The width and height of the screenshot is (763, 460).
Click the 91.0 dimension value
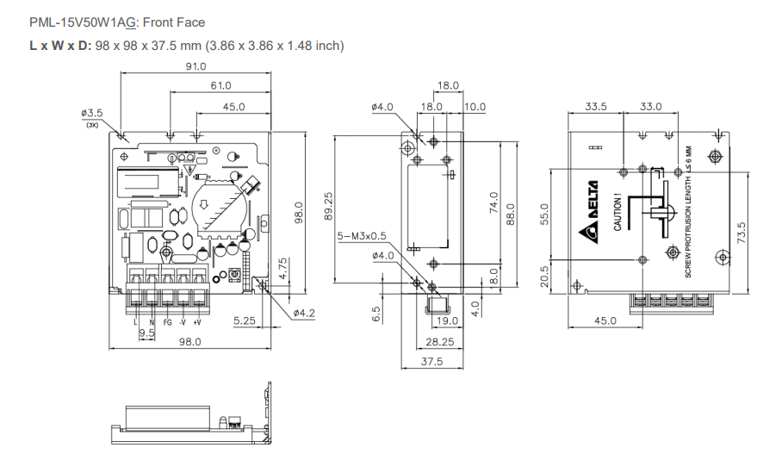point(195,66)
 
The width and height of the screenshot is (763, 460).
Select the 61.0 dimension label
point(220,86)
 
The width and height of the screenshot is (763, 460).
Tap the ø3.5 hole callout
point(92,113)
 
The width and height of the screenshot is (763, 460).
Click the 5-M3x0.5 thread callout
point(363,235)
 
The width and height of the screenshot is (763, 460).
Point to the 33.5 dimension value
point(596,107)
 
